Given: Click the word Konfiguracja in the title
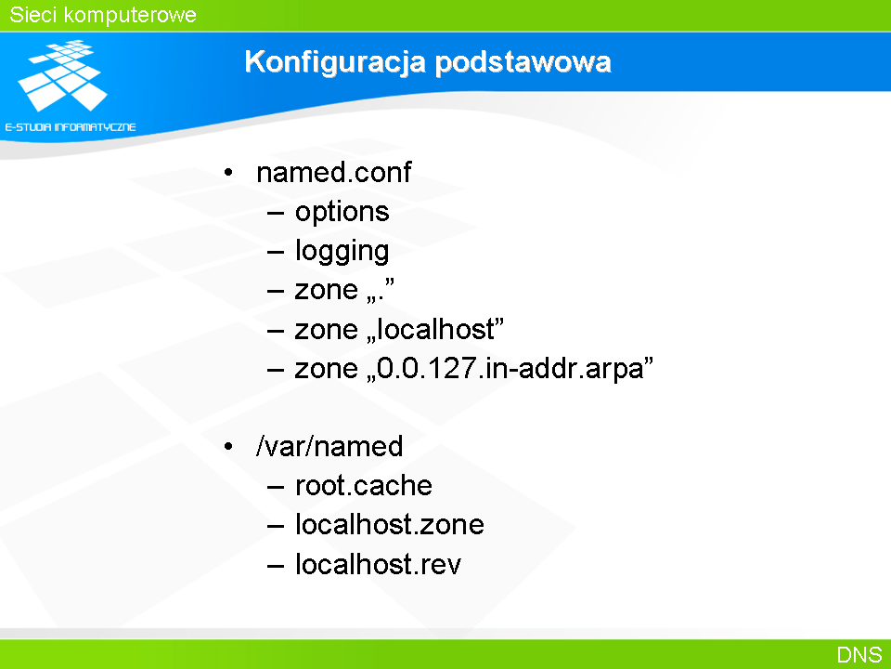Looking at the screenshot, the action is pos(335,62).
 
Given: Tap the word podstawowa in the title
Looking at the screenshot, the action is pos(523,61).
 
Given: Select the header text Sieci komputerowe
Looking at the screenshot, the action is pos(103,15).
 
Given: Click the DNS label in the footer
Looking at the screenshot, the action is pos(859,655).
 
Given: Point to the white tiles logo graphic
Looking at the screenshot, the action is pos(62,75).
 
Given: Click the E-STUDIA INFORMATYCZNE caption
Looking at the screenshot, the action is pos(71,127).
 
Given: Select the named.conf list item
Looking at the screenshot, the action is pos(333,173).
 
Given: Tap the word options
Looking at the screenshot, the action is pos(342,213).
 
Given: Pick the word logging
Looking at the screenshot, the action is pos(342,252).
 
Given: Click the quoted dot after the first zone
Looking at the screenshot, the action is pos(381,290).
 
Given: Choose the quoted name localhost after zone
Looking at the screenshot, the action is pos(435,329).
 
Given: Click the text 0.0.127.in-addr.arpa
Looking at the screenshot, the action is pos(510,368).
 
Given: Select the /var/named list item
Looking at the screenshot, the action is pos(329,446).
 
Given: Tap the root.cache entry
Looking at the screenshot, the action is pos(364,486).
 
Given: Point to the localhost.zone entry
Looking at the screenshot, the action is pos(390,524).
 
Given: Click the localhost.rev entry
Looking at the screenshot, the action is pos(379,564).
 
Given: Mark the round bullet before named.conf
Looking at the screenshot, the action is pos(228,173).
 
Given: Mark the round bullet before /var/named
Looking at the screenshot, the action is pos(228,447).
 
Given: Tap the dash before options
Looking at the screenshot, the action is pos(276,214).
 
